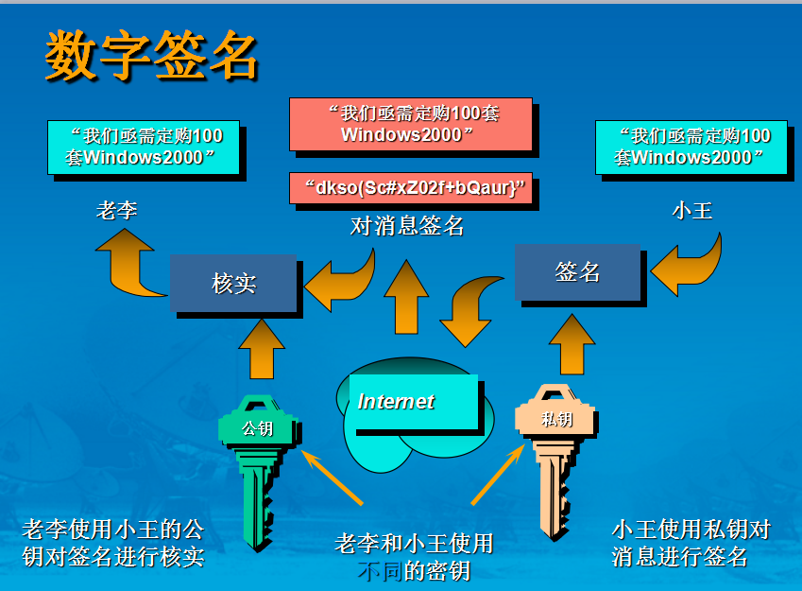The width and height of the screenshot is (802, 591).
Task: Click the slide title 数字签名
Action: pyautogui.click(x=151, y=55)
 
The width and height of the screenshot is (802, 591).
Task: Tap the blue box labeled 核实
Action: pyautogui.click(x=233, y=283)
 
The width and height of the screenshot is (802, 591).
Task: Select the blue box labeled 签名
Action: pyautogui.click(x=577, y=272)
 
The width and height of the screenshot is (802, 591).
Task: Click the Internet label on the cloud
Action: pyautogui.click(x=397, y=402)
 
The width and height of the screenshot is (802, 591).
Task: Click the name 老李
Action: pyautogui.click(x=117, y=210)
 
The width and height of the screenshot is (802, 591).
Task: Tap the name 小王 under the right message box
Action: pyautogui.click(x=691, y=210)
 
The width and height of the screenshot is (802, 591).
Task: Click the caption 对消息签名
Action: pyautogui.click(x=407, y=226)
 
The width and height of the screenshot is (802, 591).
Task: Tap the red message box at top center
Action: pyautogui.click(x=410, y=124)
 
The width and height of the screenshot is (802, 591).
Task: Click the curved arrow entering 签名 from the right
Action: pyautogui.click(x=688, y=265)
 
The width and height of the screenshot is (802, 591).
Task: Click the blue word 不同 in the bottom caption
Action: pyautogui.click(x=381, y=570)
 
